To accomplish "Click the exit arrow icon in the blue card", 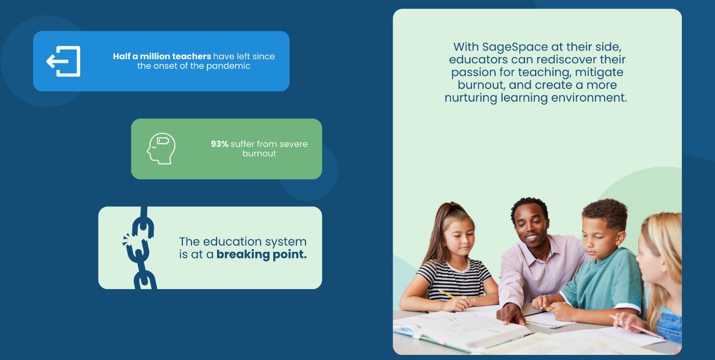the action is point(63,61).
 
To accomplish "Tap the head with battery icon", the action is point(161,149).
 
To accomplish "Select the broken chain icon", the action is point(140,248).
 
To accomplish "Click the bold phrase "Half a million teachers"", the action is point(162,56).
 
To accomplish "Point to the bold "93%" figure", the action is point(220,144).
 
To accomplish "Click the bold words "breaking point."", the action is point(261,254).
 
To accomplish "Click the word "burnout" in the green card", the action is point(259,154).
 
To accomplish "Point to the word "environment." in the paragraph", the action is point(589,98).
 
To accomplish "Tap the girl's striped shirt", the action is point(455,279).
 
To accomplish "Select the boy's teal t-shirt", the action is point(603,279).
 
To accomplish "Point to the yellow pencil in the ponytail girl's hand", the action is point(447,294).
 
